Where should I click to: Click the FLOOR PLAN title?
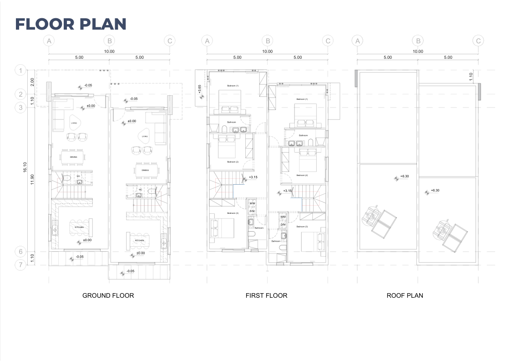point(71,24)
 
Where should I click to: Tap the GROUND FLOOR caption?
point(108,295)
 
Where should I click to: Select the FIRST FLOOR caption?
point(266,295)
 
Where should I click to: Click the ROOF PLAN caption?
point(405,295)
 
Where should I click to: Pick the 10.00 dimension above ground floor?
point(109,52)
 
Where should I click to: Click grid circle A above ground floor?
point(49,41)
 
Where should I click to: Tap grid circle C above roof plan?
point(478,41)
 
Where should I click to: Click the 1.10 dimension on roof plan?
point(472,76)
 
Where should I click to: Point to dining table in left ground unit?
point(73,157)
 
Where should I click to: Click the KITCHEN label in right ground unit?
point(139,240)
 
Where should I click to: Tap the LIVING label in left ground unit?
point(74,122)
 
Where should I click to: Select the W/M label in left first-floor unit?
point(252,203)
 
